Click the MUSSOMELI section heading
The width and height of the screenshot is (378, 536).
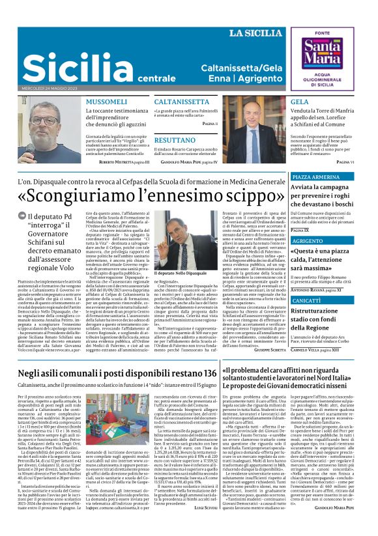click(107, 103)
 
